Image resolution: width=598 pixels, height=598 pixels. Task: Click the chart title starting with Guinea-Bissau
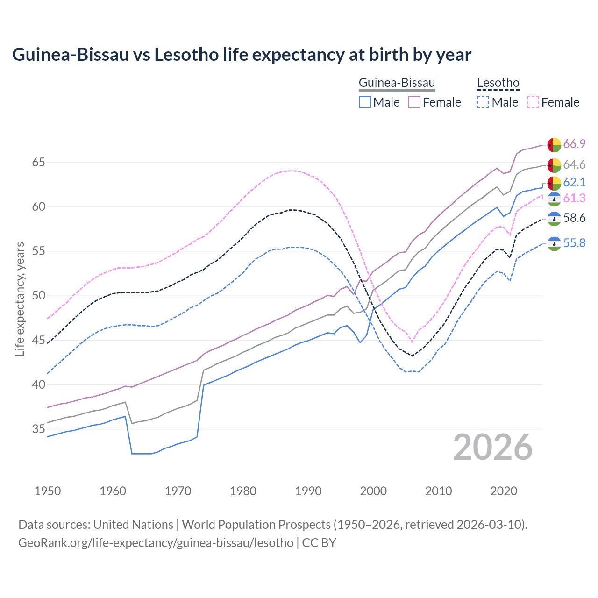click(242, 55)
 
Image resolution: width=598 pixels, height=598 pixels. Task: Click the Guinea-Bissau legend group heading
click(397, 83)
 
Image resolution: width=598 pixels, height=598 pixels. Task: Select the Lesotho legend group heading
click(498, 83)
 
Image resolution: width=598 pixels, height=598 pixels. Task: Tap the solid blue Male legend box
click(365, 102)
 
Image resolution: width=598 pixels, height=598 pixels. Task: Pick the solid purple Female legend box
click(414, 102)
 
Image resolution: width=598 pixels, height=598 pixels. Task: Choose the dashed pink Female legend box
click(533, 102)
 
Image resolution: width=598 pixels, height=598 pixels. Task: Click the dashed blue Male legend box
click(483, 102)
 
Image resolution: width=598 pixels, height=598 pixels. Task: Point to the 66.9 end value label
click(574, 144)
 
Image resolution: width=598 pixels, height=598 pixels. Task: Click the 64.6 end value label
click(574, 164)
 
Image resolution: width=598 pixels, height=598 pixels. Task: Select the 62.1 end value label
click(574, 182)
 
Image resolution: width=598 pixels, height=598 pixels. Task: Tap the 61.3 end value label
click(574, 199)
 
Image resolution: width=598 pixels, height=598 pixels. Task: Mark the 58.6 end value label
click(574, 218)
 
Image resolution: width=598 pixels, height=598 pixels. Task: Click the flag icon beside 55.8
click(554, 243)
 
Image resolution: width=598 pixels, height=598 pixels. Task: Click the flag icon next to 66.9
click(554, 145)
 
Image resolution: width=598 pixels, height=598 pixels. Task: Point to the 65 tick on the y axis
click(38, 163)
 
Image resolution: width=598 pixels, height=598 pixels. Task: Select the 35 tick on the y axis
click(38, 429)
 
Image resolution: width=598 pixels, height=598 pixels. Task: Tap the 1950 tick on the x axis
click(48, 491)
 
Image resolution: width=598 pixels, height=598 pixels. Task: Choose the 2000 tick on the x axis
click(373, 491)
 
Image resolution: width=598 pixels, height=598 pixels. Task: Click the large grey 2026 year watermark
click(493, 448)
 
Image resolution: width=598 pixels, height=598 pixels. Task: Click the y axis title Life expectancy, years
click(20, 299)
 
